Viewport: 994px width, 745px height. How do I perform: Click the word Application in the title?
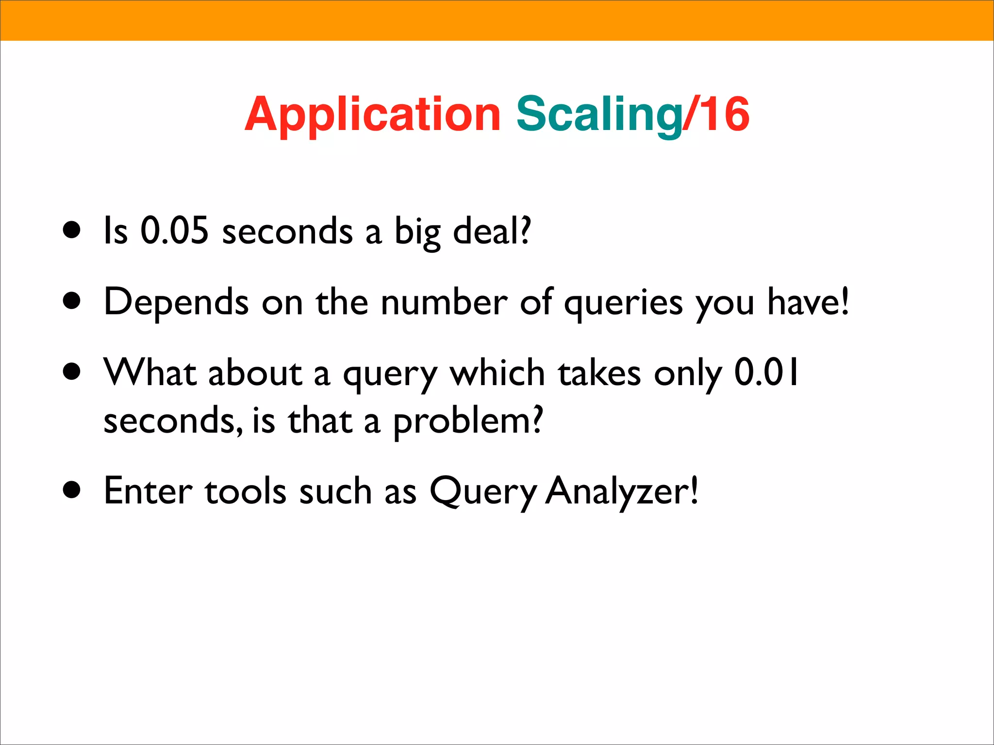[x=372, y=114]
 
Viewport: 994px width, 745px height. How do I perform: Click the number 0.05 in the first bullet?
[x=174, y=230]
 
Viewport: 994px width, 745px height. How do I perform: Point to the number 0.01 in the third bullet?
[x=766, y=372]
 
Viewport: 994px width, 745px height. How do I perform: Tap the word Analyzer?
[x=621, y=491]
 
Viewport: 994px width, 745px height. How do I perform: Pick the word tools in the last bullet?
[x=246, y=491]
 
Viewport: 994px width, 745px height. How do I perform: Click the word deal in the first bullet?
[x=491, y=230]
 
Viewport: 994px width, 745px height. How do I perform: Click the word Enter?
[x=148, y=491]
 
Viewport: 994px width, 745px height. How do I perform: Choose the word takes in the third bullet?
[x=599, y=372]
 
